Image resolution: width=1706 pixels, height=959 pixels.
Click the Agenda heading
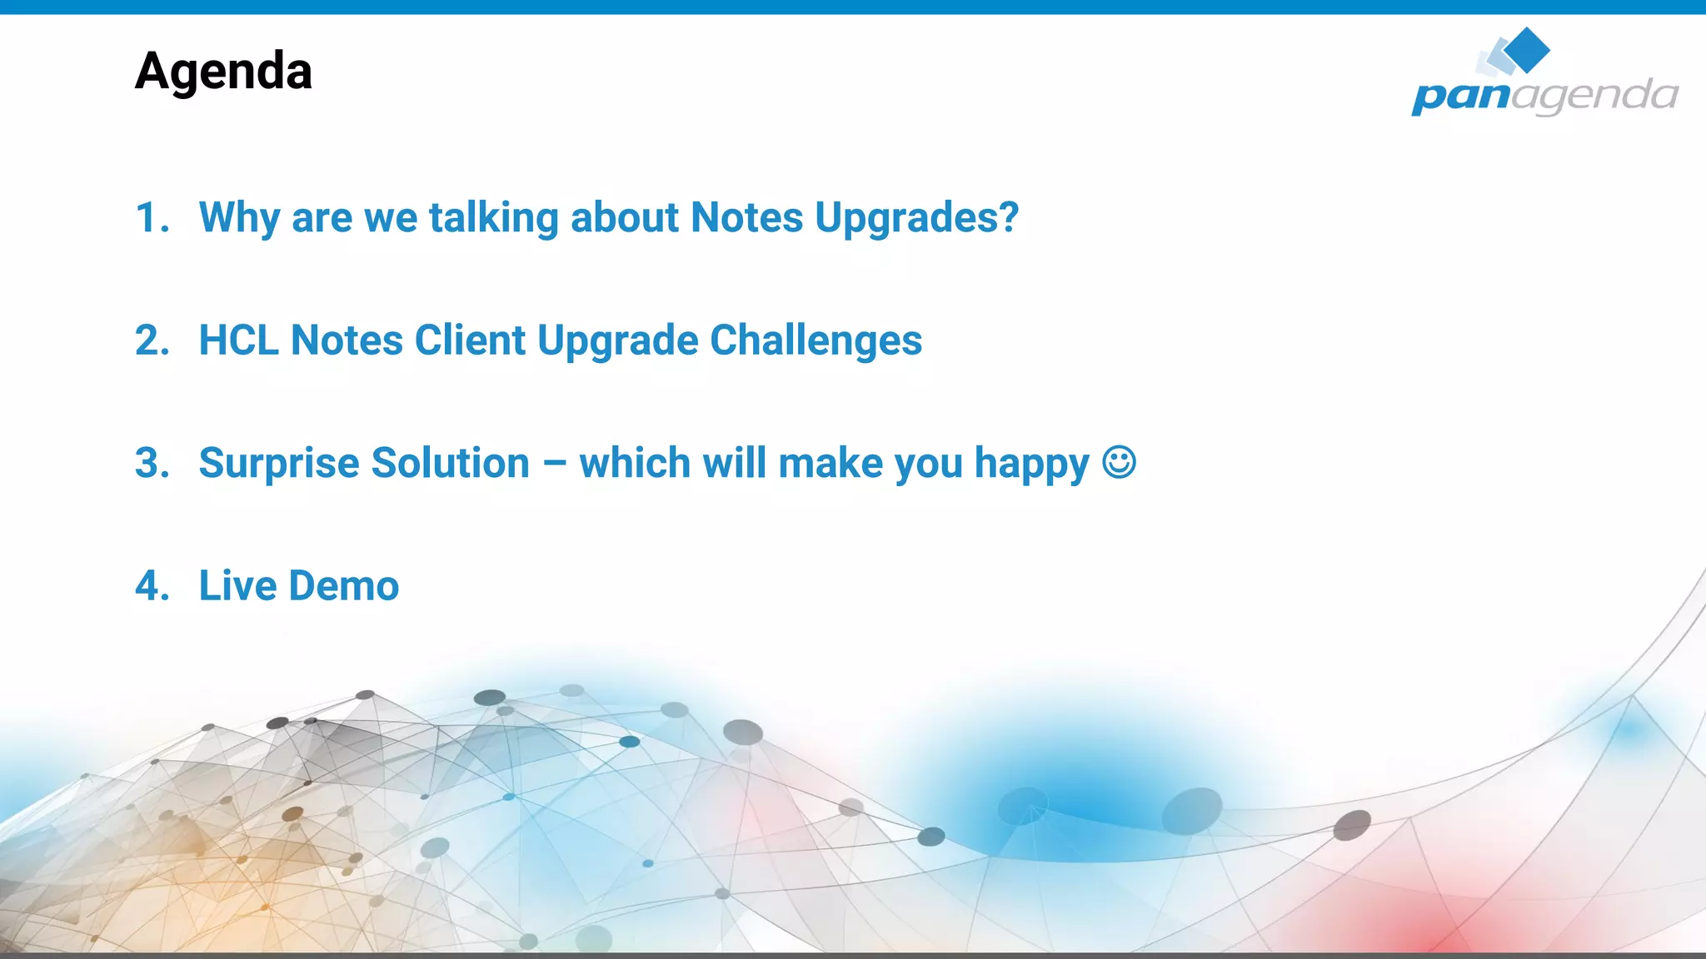pyautogui.click(x=223, y=72)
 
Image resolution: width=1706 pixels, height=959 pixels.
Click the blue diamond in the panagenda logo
pyautogui.click(x=1528, y=50)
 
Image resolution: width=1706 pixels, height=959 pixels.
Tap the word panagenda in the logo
pyautogui.click(x=1544, y=95)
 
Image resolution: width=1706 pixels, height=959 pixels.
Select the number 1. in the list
pyautogui.click(x=152, y=218)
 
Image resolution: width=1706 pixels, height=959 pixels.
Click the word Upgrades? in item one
pyautogui.click(x=916, y=218)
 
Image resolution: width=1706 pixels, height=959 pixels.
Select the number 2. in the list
pyautogui.click(x=152, y=340)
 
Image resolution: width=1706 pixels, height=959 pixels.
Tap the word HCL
pyautogui.click(x=239, y=340)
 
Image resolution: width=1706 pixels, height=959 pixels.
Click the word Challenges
pyautogui.click(x=816, y=340)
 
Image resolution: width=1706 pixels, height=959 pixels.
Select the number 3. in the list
pyautogui.click(x=152, y=463)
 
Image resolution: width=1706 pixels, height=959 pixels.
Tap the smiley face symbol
pyautogui.click(x=1119, y=462)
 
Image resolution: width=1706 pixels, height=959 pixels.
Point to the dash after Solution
pyautogui.click(x=555, y=465)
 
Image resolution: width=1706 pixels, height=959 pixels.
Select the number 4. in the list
pyautogui.click(x=152, y=586)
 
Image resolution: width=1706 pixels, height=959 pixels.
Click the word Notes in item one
pyautogui.click(x=746, y=218)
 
